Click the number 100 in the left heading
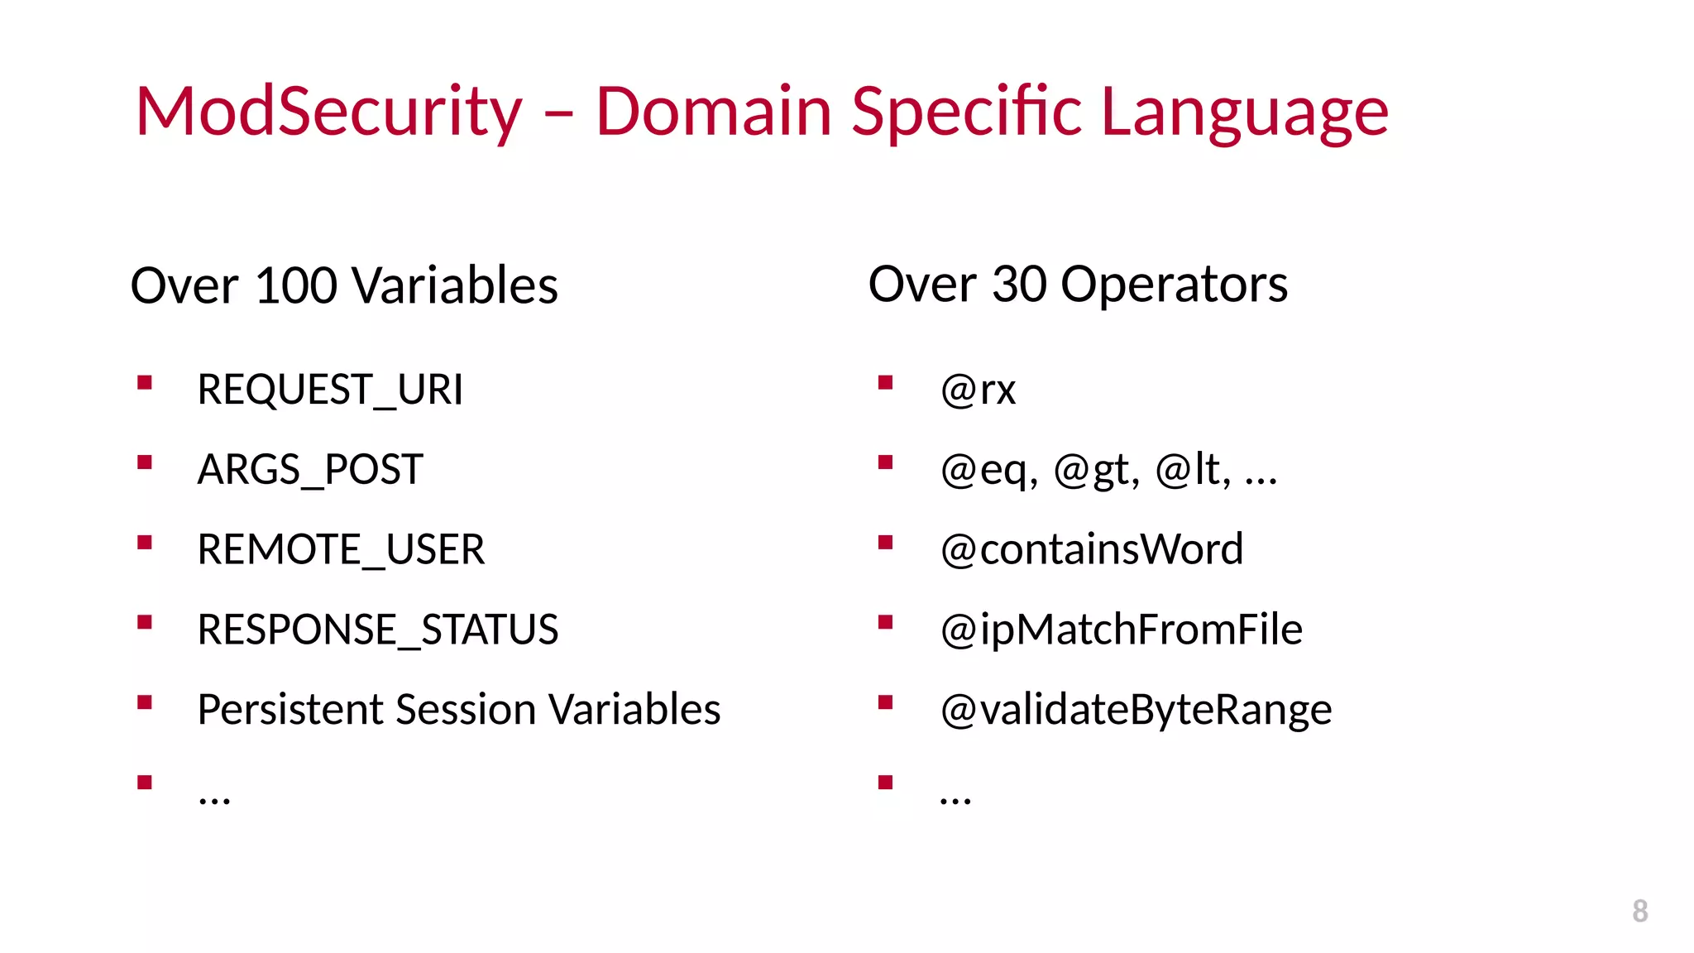(296, 286)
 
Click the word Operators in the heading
(1174, 285)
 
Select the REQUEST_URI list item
(330, 390)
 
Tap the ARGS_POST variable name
(310, 470)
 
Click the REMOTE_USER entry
(341, 550)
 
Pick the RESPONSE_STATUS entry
(378, 630)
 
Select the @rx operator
(978, 390)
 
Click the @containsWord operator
(1092, 550)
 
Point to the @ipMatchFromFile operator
(1122, 630)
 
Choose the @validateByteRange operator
(1137, 710)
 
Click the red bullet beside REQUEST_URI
(145, 382)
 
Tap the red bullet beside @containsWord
(885, 543)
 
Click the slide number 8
(1639, 911)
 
